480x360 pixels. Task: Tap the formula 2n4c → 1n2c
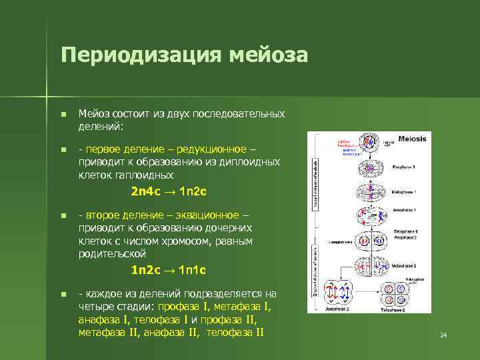pyautogui.click(x=169, y=192)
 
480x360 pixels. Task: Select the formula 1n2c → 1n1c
pyautogui.click(x=169, y=271)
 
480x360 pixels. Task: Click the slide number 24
pyautogui.click(x=443, y=335)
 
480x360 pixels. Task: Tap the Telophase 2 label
pyautogui.click(x=393, y=310)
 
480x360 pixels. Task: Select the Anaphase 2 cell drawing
pyautogui.click(x=337, y=292)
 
